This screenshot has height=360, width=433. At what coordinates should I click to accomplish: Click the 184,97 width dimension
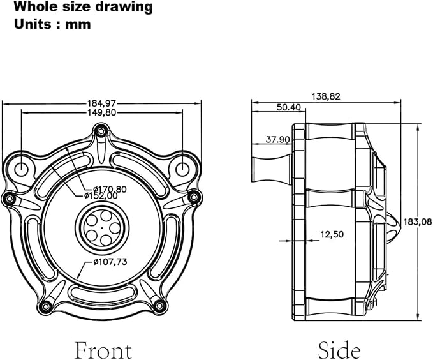point(101,103)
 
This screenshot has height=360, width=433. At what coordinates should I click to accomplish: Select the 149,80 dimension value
point(101,112)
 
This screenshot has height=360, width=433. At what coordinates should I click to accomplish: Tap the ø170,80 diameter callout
point(110,190)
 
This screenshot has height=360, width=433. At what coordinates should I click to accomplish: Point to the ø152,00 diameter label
point(101,196)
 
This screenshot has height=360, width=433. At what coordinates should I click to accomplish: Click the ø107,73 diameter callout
point(110,262)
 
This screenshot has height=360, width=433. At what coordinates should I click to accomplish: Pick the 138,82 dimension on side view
point(326,96)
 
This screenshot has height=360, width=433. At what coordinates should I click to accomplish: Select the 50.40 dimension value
point(289,107)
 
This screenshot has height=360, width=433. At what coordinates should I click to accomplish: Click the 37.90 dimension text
point(277,140)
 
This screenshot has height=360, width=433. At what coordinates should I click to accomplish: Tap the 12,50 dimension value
point(332,234)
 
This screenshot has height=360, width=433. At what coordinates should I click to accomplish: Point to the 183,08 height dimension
point(417,221)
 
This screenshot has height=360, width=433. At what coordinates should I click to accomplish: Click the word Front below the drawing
point(103,350)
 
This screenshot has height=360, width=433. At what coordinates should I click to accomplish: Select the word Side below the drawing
point(339,350)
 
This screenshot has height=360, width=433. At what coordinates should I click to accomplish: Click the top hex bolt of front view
point(101,131)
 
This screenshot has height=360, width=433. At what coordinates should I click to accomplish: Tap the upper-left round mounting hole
point(21,169)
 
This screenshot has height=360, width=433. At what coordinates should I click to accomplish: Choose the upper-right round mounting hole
point(182,169)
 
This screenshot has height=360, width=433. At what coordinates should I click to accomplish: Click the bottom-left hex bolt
point(45,306)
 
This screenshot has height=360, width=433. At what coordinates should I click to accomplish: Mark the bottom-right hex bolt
point(159,305)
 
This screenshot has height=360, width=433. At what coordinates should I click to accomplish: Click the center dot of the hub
point(102,228)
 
